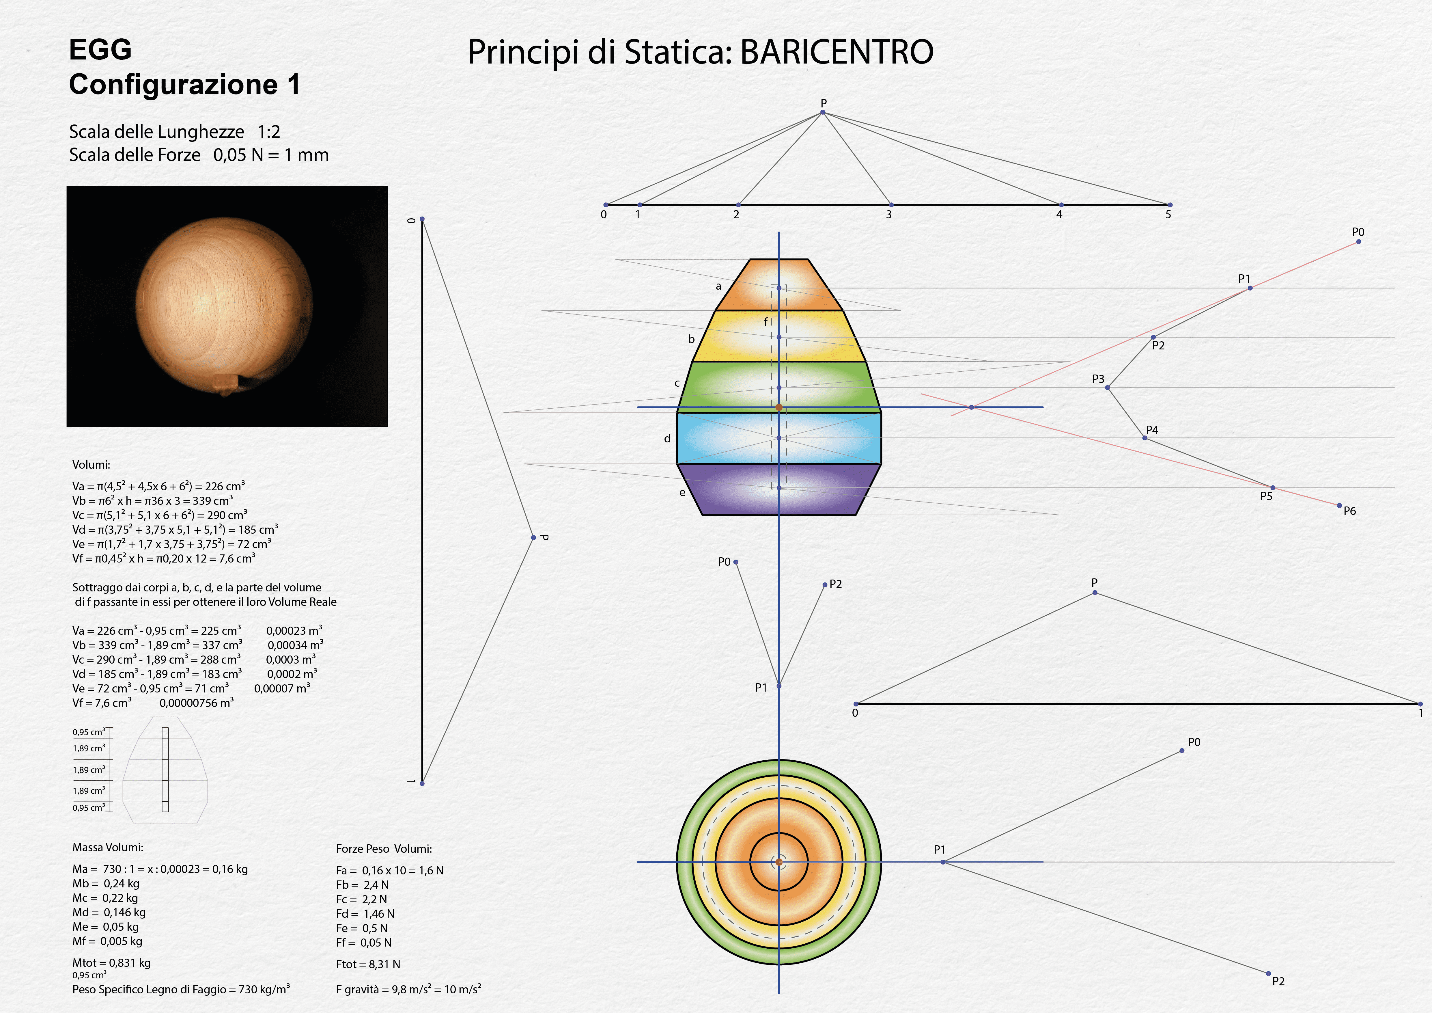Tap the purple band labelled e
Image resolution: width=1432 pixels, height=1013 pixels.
[779, 489]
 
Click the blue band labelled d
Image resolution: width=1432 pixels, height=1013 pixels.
[779, 438]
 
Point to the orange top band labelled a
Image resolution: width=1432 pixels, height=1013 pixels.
[779, 284]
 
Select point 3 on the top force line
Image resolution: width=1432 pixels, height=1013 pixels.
[891, 205]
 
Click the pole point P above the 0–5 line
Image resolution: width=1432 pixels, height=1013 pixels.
[823, 112]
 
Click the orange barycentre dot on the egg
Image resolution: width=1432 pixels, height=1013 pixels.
[779, 407]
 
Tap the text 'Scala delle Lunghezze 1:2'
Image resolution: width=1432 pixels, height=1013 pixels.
[175, 132]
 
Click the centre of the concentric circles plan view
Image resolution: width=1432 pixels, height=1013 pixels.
[779, 862]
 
